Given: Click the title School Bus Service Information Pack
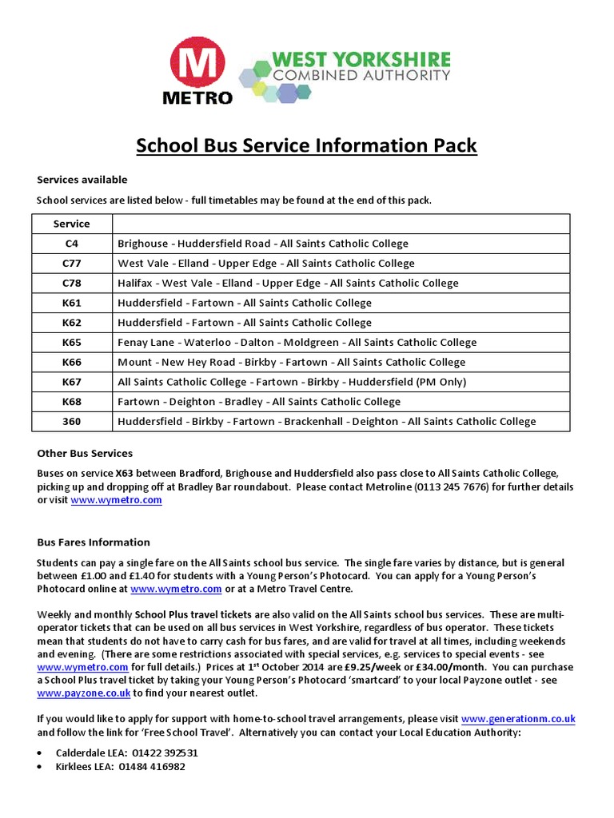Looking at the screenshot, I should (307, 145).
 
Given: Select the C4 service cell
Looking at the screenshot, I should (72, 244).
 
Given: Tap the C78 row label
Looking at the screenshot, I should (72, 283).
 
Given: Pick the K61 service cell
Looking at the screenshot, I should (72, 303).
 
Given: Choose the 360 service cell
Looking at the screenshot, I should (72, 421).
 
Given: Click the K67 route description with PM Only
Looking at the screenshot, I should (292, 382).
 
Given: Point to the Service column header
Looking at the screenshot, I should (72, 224).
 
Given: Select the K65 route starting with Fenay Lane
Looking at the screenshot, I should (297, 342).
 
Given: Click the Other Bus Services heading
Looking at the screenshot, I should (85, 454).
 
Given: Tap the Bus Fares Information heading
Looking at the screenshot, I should (94, 542).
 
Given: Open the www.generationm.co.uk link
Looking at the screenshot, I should (518, 719).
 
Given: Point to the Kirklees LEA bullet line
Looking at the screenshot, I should (120, 766).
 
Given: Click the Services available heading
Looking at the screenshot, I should (82, 180).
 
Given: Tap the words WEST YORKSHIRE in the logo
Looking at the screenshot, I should (361, 59).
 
